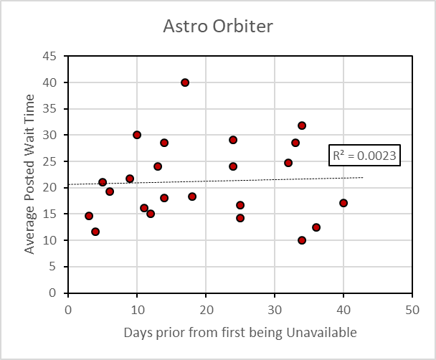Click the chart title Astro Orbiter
pos(218,26)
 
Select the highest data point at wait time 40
pos(185,82)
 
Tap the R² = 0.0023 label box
pos(364,156)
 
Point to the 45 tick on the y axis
pos(49,56)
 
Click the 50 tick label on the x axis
pos(412,310)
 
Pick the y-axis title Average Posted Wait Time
pos(29,174)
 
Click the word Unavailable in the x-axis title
pos(321,333)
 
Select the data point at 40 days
pos(343,203)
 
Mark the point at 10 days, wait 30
pos(137,135)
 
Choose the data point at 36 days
pos(316,227)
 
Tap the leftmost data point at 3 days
pos(89,216)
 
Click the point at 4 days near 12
pos(95,232)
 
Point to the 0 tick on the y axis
pos(52,293)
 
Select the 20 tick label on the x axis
pos(206,310)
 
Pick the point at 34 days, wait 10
pos(302,240)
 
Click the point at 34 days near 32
pos(302,125)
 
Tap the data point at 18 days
pos(192,196)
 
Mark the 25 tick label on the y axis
pos(49,161)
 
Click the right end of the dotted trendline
pos(363,177)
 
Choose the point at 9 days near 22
pos(130,179)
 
